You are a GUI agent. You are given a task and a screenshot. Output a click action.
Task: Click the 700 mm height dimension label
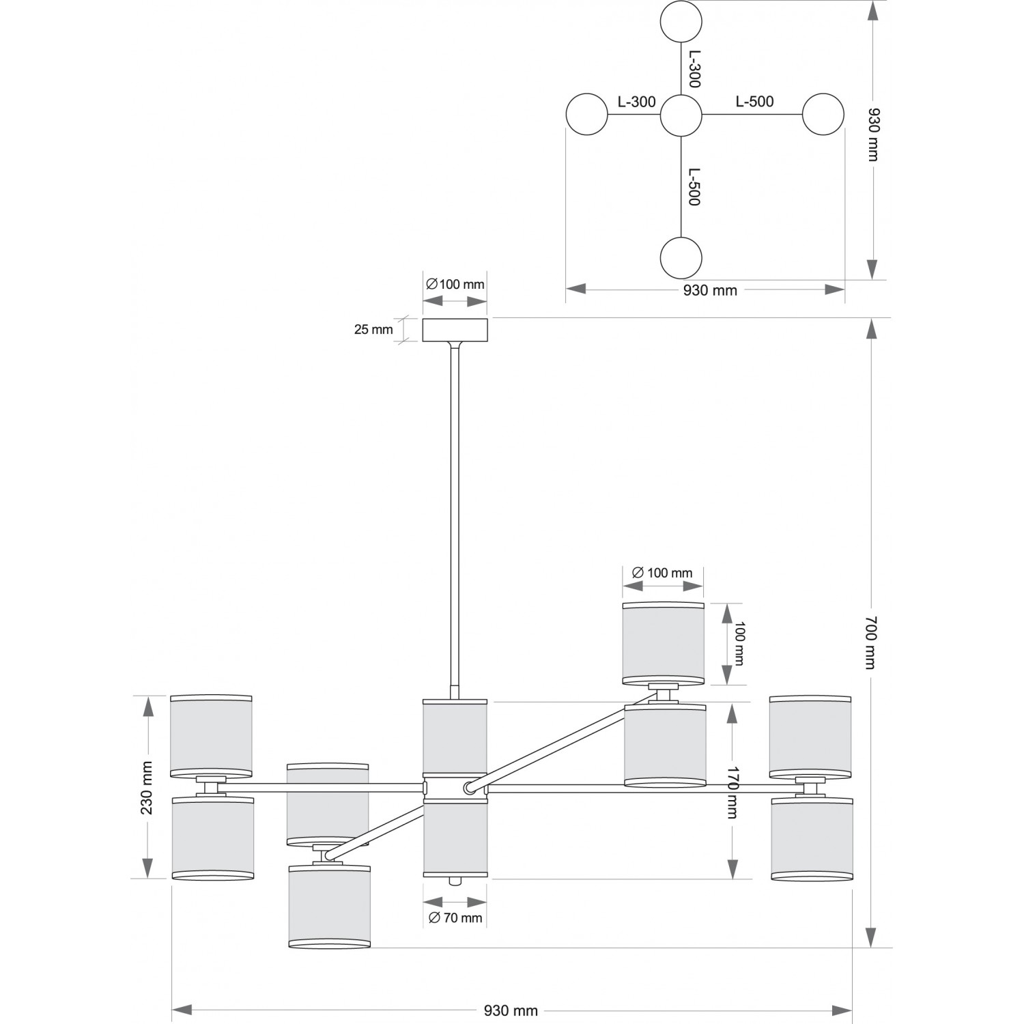pos(870,642)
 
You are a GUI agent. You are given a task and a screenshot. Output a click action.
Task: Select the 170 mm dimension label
pos(733,792)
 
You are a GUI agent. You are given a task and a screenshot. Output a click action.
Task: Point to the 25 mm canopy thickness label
pos(373,330)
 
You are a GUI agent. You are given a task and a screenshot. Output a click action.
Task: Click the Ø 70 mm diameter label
pos(455,918)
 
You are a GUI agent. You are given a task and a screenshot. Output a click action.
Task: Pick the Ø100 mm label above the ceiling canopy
pos(455,284)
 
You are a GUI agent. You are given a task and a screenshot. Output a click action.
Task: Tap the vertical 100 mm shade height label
pos(739,644)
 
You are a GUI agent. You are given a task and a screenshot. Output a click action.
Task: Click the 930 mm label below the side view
pos(511,1011)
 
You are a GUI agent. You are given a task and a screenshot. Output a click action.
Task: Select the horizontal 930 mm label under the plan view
pos(710,290)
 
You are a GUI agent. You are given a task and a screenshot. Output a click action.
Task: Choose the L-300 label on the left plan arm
pos(636,102)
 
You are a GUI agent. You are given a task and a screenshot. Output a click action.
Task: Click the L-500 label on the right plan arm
pos(754,102)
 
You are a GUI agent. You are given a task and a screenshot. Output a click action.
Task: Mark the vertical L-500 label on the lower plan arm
pos(694,187)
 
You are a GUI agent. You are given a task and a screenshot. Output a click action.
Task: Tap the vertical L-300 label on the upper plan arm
pos(694,69)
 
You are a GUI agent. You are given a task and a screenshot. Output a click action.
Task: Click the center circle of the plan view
pos(681,115)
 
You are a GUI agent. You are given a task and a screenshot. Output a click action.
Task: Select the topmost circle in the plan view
pos(681,21)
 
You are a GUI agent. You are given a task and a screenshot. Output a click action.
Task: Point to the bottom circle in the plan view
pos(681,258)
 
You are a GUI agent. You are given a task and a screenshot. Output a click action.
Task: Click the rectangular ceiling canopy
pos(455,330)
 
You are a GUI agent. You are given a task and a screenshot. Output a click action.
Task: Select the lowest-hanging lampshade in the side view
pos(329,907)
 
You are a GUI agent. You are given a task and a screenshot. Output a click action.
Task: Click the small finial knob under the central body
pos(454,881)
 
